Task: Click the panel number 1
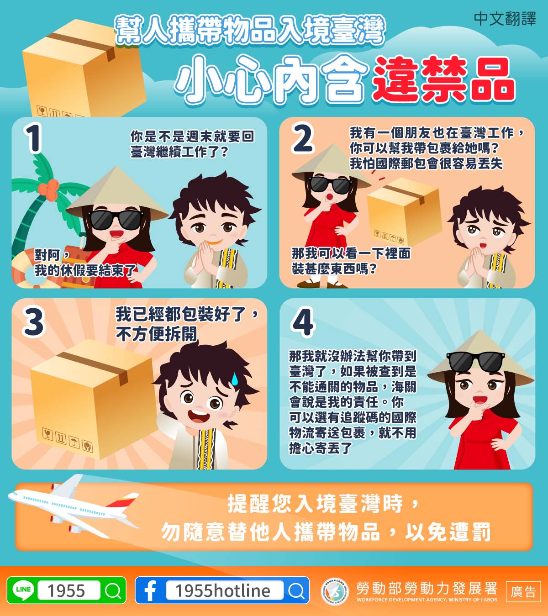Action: tap(33, 138)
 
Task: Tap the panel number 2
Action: tap(302, 138)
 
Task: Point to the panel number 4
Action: tap(303, 321)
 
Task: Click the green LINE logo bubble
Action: tap(23, 590)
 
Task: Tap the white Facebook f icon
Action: tap(150, 591)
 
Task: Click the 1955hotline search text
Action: tap(223, 591)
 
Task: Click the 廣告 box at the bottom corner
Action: tap(523, 591)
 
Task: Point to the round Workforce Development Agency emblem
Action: tap(335, 591)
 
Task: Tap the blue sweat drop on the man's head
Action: tap(234, 379)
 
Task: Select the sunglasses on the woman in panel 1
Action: tap(116, 220)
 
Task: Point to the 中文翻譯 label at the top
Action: tap(505, 19)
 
